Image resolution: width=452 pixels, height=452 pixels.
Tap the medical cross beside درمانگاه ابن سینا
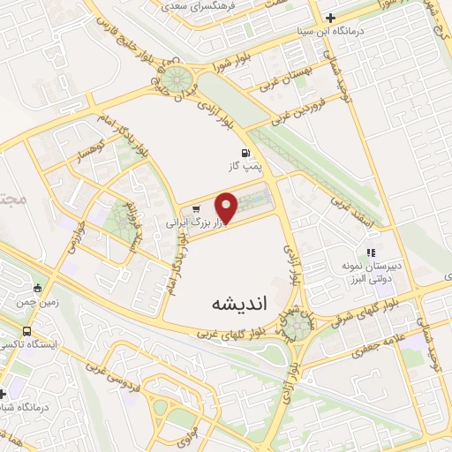(x=330, y=17)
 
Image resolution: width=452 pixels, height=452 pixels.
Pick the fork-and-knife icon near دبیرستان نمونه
(x=372, y=252)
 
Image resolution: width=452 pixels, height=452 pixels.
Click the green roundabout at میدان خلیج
(x=183, y=79)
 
